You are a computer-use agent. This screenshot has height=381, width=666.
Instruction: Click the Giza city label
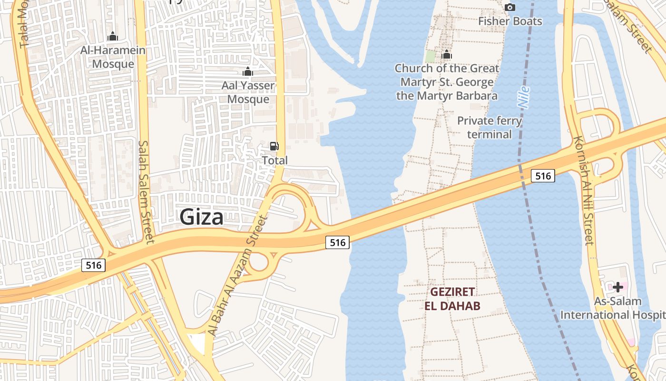202,217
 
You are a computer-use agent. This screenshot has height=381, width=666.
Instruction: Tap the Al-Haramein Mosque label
113,57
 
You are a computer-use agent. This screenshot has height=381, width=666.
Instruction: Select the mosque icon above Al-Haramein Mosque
113,36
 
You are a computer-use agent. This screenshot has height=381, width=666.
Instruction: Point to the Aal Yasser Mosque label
248,92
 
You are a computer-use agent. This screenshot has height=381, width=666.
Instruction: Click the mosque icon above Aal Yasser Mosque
247,71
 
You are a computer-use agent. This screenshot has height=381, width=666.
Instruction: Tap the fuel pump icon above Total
274,146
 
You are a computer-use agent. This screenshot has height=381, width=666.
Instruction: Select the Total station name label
275,160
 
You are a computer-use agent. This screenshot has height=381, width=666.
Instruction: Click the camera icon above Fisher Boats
510,7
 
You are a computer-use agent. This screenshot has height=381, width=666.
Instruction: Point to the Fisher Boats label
510,21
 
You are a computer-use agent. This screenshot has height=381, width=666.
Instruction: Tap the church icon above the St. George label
447,55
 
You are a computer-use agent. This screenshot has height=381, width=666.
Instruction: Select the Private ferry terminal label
490,127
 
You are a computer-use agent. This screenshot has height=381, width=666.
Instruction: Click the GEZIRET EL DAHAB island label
453,299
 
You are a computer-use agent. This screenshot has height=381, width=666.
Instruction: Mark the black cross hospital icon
618,287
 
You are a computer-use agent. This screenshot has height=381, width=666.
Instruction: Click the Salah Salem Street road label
146,191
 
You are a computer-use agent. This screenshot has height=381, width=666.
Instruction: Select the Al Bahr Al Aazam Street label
238,276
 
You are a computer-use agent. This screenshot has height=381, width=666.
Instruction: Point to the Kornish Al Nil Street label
584,190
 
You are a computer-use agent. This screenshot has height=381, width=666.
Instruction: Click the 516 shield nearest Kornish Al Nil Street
543,176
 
